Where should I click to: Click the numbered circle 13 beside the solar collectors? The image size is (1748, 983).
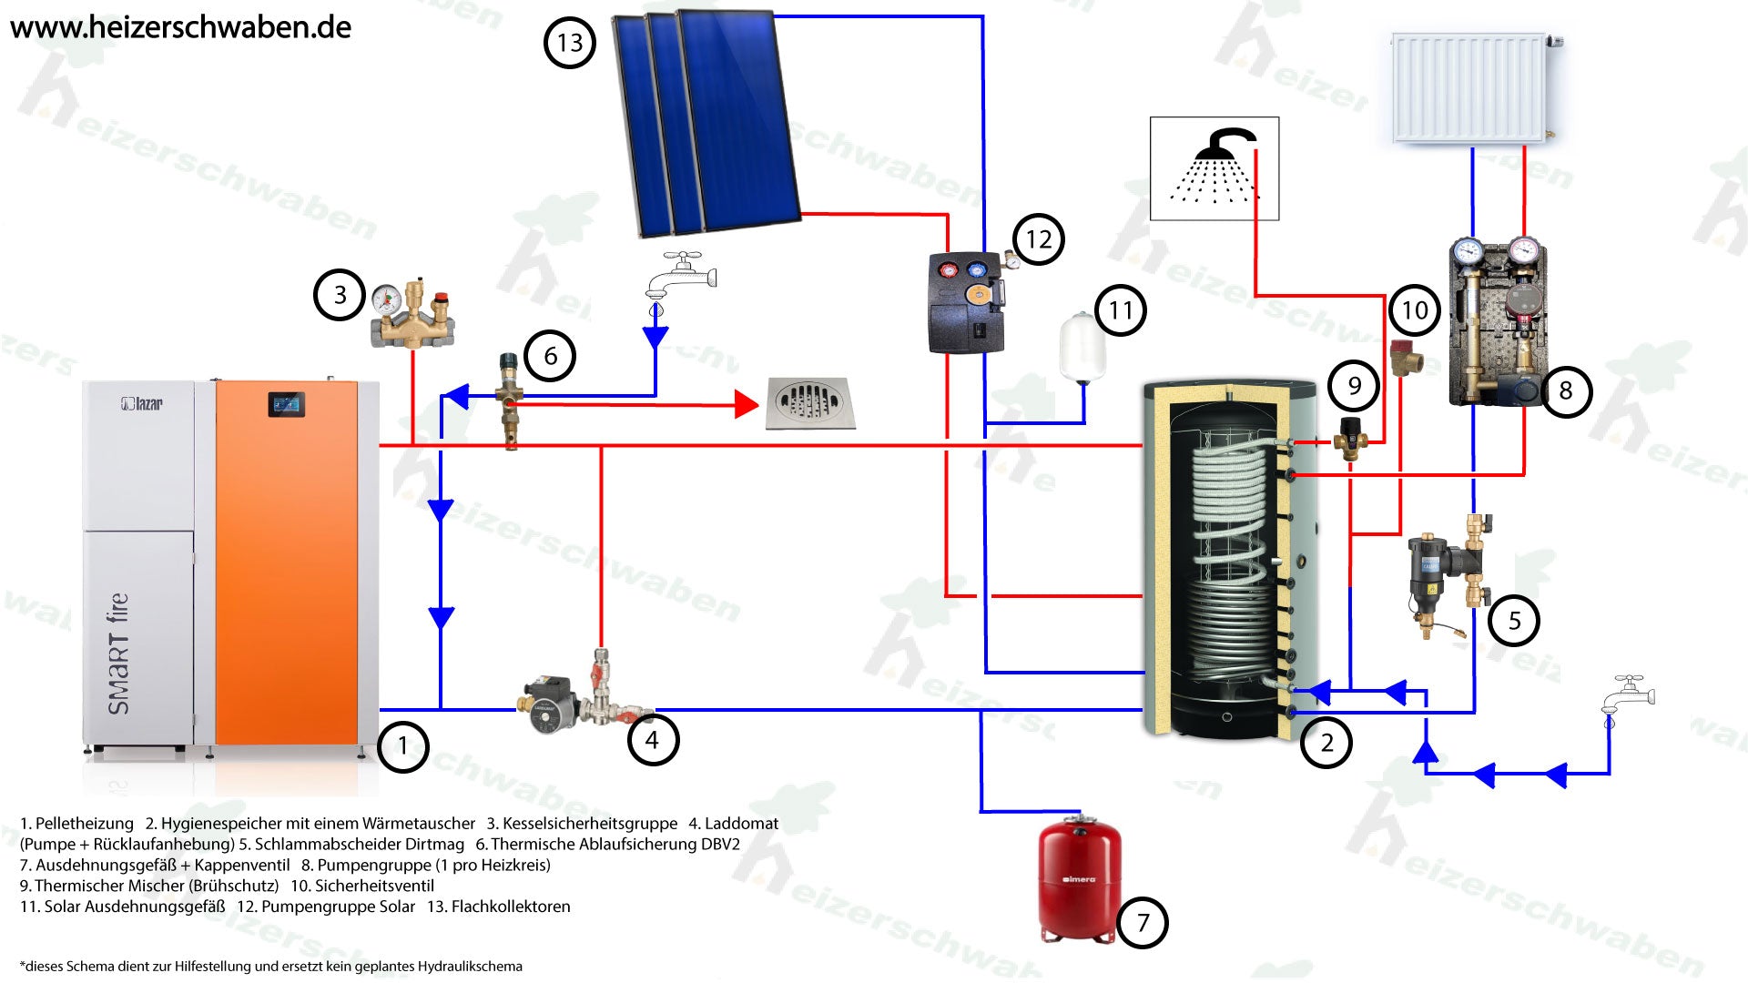click(x=569, y=43)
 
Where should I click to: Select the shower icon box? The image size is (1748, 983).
click(x=1214, y=168)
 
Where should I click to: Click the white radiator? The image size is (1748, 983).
click(x=1469, y=87)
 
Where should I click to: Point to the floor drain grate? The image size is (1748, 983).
click(x=809, y=402)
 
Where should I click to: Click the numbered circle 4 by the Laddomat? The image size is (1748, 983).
click(x=652, y=740)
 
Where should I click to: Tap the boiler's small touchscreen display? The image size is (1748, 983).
click(x=286, y=404)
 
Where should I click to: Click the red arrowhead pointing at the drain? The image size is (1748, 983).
click(x=747, y=404)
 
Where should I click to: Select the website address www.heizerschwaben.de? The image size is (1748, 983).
click(x=180, y=27)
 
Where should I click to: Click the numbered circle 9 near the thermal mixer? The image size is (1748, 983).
click(x=1354, y=386)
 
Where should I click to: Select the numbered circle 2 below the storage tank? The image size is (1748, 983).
click(x=1326, y=743)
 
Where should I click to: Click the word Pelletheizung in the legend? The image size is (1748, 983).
click(x=85, y=824)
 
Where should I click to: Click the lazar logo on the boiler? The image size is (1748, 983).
click(x=142, y=402)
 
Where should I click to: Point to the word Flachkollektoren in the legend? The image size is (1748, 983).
click(x=511, y=907)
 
